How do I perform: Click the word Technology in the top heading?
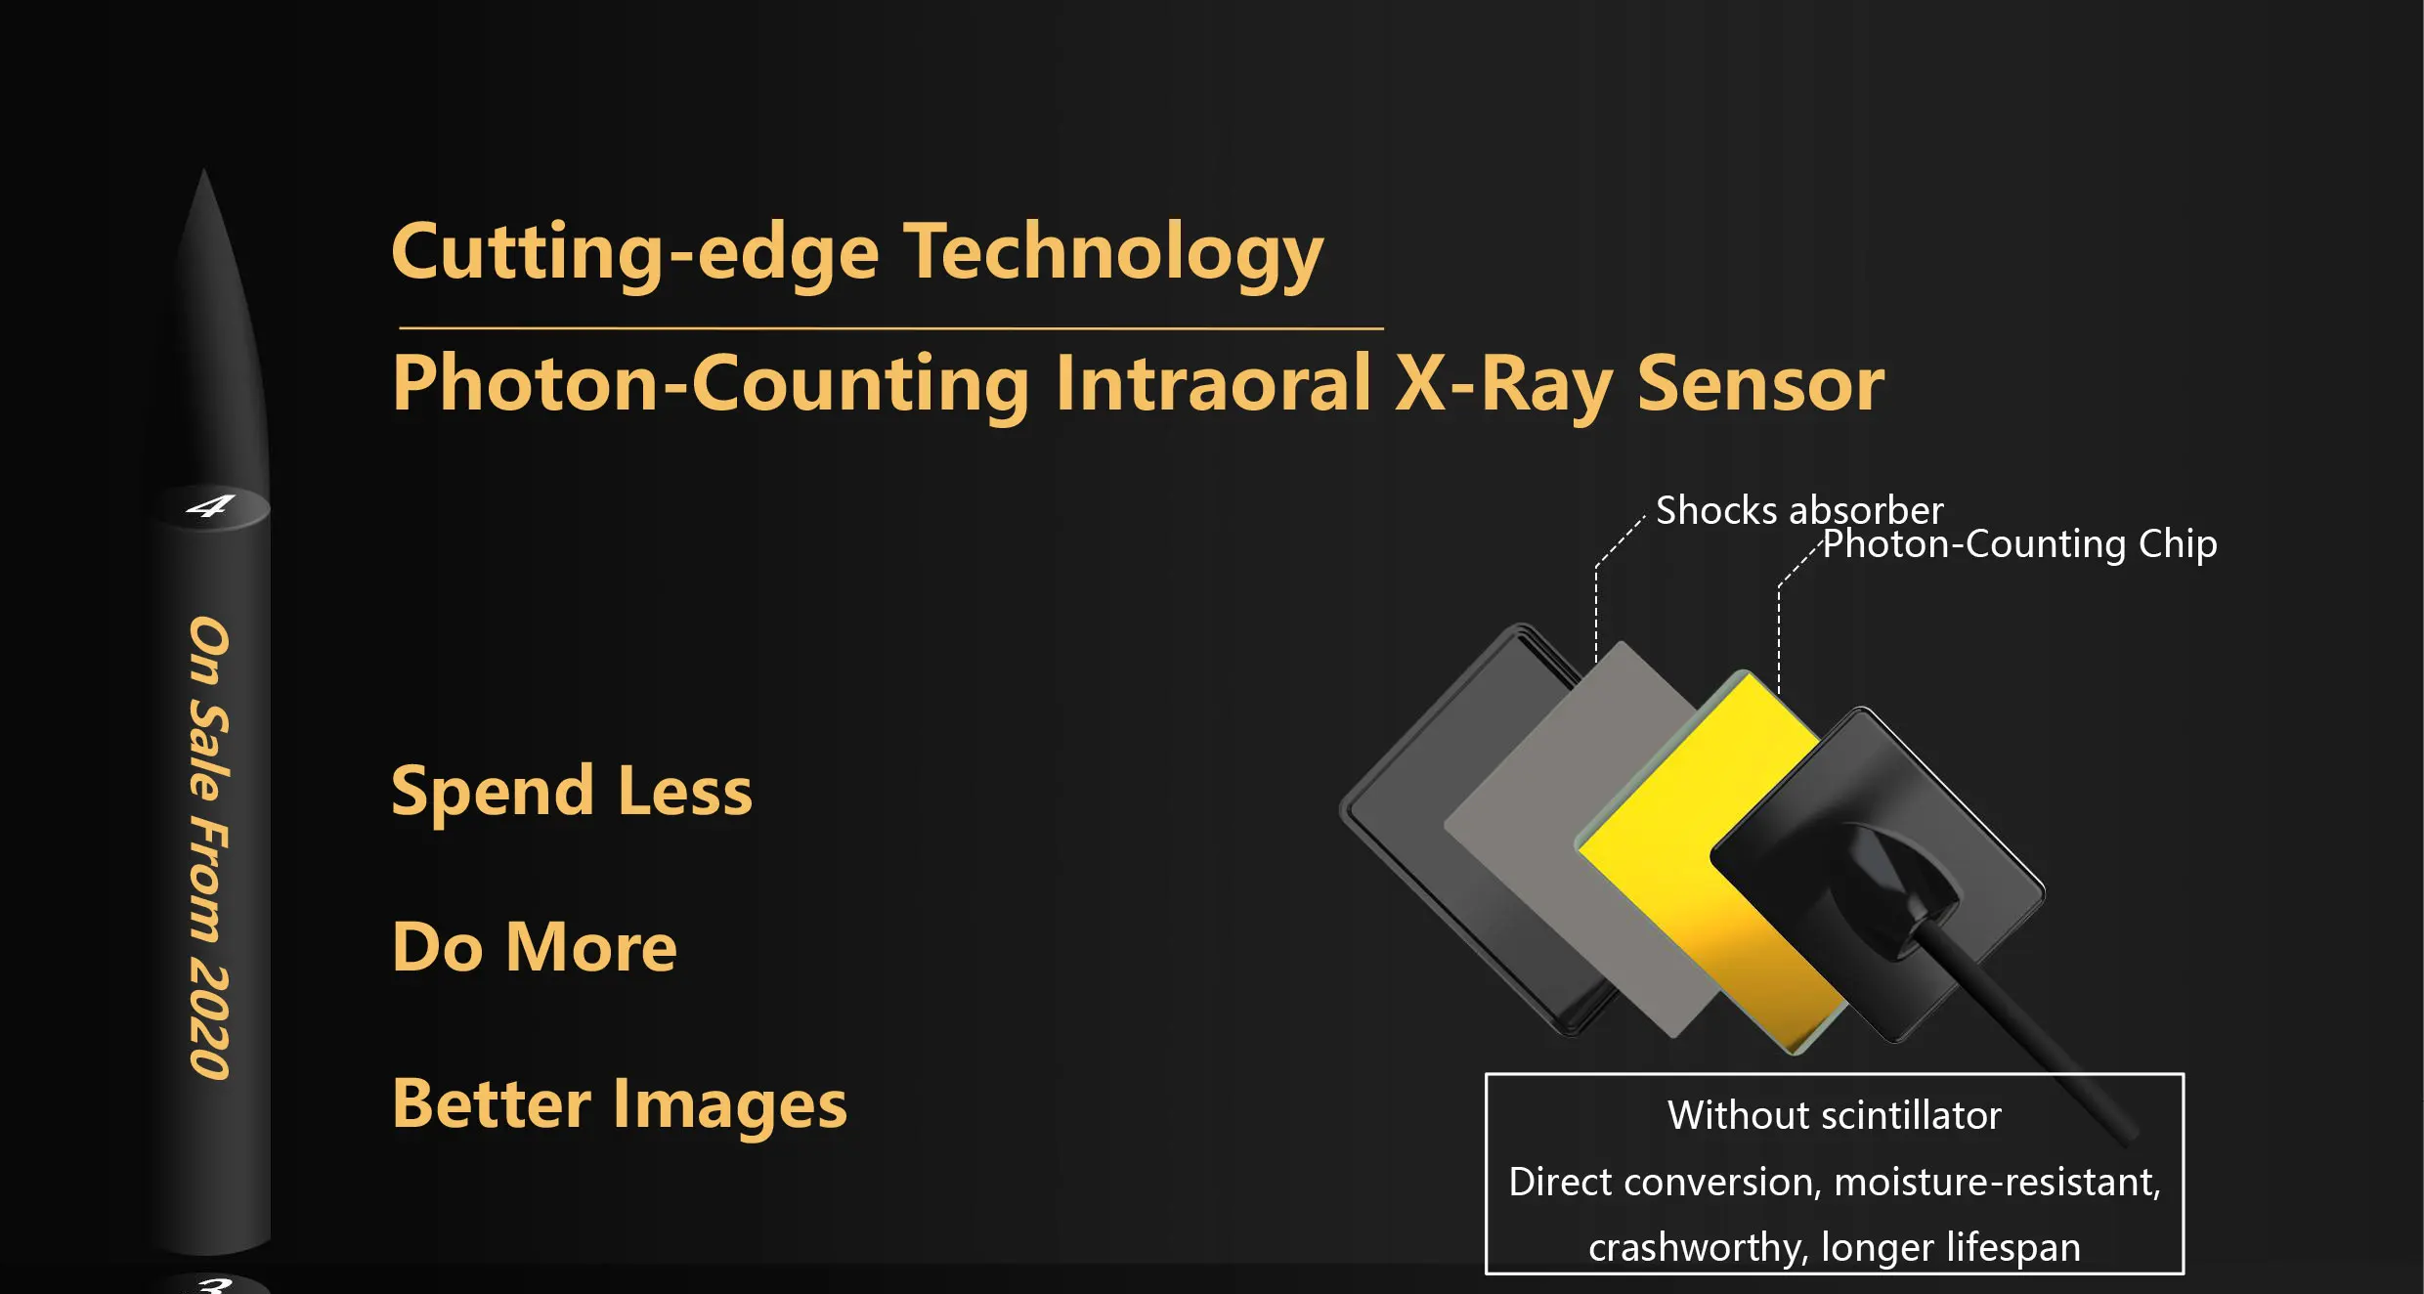[1112, 254]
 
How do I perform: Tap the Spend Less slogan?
[572, 792]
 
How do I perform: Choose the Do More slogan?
[535, 947]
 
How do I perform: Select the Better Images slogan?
[620, 1104]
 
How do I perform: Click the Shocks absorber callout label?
[1799, 510]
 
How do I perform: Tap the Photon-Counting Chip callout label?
[2020, 544]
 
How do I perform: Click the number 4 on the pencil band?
[210, 506]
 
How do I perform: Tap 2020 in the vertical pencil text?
[208, 1022]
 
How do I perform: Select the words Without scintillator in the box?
[1835, 1115]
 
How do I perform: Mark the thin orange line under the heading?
[891, 328]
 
